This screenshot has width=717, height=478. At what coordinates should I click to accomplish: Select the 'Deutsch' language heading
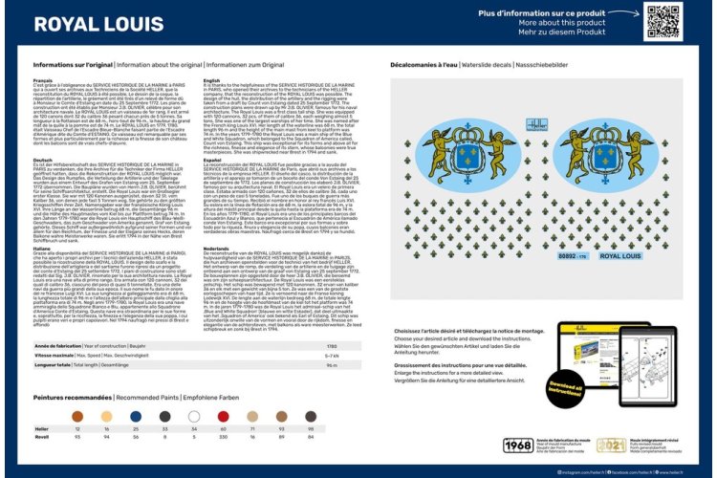pos(43,160)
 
